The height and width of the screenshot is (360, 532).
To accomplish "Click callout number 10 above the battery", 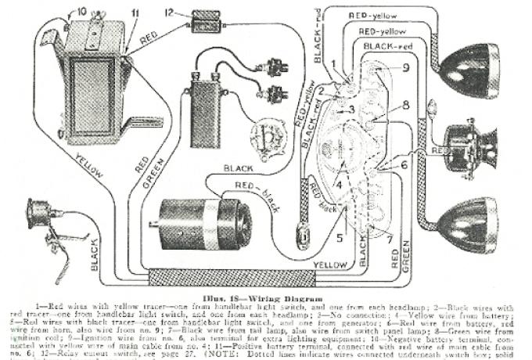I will coord(83,12).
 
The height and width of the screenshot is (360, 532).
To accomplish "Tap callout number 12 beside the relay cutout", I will coord(170,12).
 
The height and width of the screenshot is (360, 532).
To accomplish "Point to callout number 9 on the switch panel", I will coord(406,68).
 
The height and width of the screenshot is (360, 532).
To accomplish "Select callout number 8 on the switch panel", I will coord(406,105).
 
